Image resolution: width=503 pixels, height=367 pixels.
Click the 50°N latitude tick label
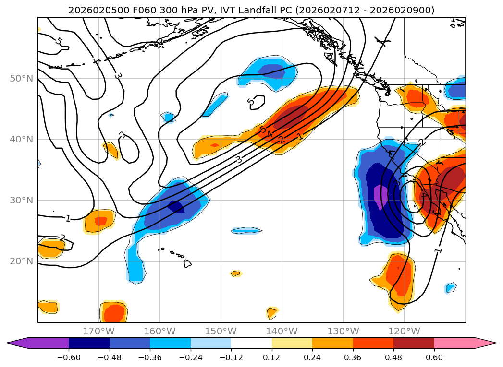coord(21,78)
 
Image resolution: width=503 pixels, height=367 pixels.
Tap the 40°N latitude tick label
coord(21,139)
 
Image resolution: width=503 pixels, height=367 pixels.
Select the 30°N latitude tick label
coord(21,200)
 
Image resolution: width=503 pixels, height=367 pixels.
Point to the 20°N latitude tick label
coord(21,261)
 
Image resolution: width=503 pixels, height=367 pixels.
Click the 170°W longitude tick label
coord(98,331)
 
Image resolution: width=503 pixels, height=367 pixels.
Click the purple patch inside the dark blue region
coord(380,197)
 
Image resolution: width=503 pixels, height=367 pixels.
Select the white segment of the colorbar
coord(251,343)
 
